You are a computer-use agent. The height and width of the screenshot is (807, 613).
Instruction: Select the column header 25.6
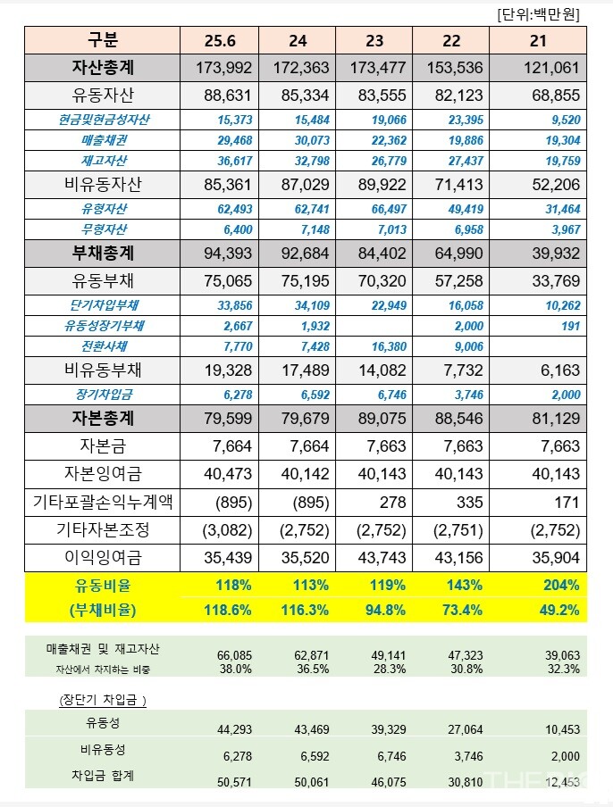(x=219, y=40)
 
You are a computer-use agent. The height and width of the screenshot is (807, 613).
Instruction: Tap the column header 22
(x=451, y=40)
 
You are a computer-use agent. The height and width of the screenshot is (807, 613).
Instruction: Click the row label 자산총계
(x=103, y=67)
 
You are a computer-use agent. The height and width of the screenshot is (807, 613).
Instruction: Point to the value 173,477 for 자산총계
(x=374, y=67)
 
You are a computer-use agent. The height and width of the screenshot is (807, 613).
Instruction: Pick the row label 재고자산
(x=103, y=161)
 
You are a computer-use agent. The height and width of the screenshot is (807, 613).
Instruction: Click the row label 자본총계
(x=103, y=417)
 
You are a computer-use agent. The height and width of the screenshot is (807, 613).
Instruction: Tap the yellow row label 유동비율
(x=102, y=586)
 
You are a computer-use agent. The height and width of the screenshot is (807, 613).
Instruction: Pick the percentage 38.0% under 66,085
(x=236, y=669)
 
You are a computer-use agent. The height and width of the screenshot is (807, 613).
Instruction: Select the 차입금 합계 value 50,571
(x=236, y=781)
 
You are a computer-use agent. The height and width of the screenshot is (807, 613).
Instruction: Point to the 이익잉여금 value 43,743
(x=375, y=559)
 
